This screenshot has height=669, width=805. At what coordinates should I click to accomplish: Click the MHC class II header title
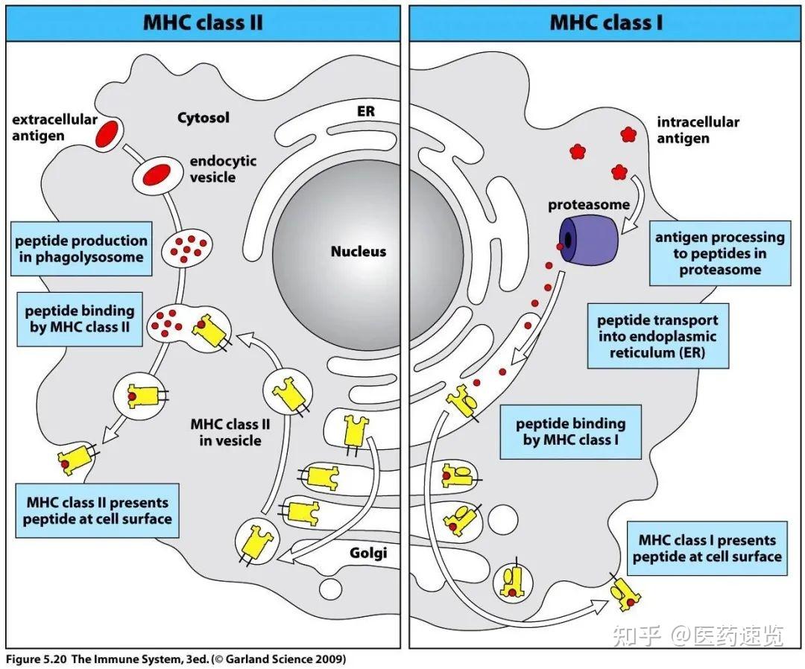click(x=202, y=22)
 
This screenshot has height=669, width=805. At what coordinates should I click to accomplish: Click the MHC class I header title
click(x=606, y=22)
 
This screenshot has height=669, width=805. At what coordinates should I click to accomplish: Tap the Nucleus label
click(x=359, y=252)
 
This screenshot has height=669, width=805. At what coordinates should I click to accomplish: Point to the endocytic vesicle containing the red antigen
click(x=157, y=174)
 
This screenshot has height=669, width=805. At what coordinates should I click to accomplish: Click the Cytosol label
click(x=203, y=118)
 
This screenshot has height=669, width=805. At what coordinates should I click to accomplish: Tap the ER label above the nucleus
click(x=366, y=112)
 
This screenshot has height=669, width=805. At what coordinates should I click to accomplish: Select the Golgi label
click(x=368, y=554)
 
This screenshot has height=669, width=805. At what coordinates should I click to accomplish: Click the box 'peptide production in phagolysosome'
click(x=80, y=249)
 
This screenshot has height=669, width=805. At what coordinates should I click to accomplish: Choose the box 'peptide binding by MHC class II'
click(x=80, y=320)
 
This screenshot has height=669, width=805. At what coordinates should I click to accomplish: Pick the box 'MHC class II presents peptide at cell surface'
click(x=97, y=511)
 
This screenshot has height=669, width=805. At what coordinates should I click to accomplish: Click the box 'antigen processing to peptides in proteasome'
click(x=719, y=253)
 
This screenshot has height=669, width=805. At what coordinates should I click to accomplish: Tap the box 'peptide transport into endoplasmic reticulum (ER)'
click(x=657, y=336)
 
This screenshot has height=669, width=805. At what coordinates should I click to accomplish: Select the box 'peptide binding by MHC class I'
click(x=570, y=432)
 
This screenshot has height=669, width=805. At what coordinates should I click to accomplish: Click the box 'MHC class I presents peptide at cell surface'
click(x=707, y=548)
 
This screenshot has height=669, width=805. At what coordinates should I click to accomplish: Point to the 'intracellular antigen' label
click(x=698, y=130)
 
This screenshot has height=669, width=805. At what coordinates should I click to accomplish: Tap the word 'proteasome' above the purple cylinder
click(x=589, y=205)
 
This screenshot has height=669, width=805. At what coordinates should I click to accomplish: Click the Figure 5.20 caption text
click(x=177, y=659)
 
